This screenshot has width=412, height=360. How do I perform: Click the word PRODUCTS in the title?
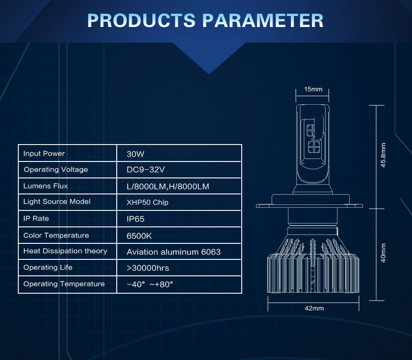point(141,21)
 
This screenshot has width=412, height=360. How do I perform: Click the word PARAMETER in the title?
point(263,21)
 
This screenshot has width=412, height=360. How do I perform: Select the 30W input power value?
point(136,154)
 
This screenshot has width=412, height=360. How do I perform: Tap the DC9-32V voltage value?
point(146,170)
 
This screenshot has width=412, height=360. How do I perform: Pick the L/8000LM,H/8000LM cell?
point(168,187)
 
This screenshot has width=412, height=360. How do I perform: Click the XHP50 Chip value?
point(147,203)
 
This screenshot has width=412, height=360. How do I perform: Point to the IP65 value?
point(136,219)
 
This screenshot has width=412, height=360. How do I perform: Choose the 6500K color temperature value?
point(139,236)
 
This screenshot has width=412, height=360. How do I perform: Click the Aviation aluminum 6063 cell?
point(173,252)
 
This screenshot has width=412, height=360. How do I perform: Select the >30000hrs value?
point(148,268)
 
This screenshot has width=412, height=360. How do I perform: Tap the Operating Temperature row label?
point(64,284)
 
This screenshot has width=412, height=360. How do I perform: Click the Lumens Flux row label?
point(45,186)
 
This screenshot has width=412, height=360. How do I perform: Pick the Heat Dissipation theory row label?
point(65,251)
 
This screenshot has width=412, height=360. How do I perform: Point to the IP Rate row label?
point(36,219)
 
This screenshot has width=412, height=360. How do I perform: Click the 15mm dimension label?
point(313,89)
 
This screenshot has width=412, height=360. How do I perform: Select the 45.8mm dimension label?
point(383,155)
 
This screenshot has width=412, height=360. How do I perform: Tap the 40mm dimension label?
point(383,253)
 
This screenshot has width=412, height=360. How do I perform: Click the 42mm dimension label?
point(314,308)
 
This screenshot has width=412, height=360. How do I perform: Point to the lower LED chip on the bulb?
point(314,147)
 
